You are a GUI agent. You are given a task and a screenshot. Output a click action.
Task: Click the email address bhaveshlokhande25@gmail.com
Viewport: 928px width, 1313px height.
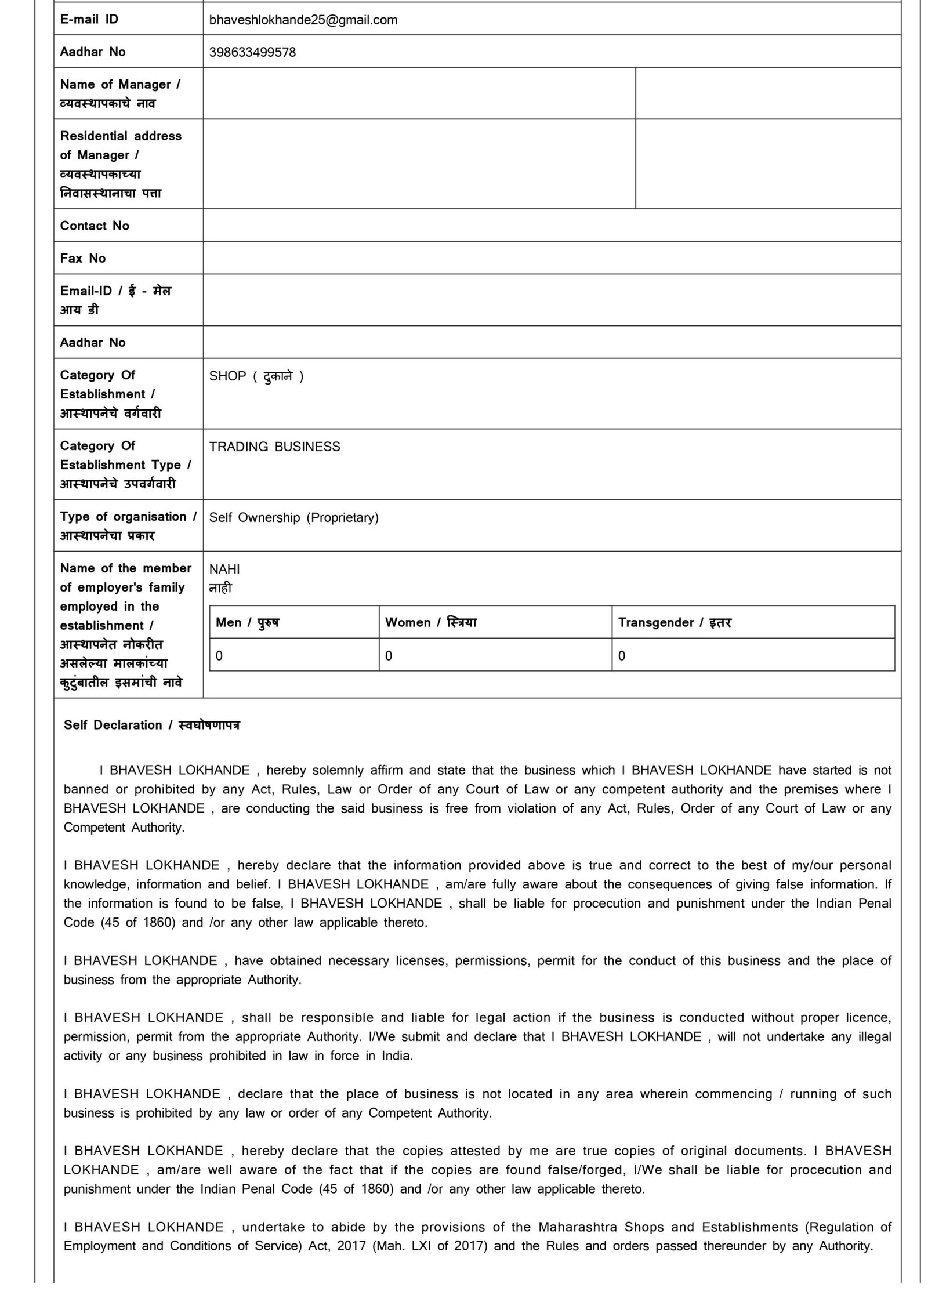click(x=303, y=20)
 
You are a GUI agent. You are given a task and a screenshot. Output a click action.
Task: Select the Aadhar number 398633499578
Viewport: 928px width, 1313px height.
click(x=252, y=52)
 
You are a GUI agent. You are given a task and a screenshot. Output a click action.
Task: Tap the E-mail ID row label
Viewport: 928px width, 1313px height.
click(x=89, y=20)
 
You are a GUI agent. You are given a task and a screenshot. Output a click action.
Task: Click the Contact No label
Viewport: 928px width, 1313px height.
click(x=95, y=226)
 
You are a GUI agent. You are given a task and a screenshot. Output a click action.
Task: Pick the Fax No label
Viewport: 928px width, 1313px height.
click(x=83, y=258)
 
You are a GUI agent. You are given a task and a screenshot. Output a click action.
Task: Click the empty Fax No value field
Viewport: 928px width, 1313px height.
click(x=551, y=258)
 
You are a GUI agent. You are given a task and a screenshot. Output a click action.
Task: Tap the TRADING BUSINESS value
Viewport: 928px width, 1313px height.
click(x=274, y=447)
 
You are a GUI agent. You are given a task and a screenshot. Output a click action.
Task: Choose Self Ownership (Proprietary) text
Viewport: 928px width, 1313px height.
click(x=293, y=517)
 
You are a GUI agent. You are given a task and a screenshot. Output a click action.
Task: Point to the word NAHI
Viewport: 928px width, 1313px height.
click(x=224, y=569)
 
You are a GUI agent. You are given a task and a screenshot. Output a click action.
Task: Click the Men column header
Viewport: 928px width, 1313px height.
click(x=247, y=622)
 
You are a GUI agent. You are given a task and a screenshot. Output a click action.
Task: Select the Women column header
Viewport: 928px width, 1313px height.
click(x=430, y=622)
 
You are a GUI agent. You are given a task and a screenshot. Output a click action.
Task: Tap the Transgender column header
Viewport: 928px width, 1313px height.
click(x=675, y=622)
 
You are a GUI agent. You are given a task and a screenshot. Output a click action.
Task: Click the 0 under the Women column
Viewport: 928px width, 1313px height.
click(x=389, y=655)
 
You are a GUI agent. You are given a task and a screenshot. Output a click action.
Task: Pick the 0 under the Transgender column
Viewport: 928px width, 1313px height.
click(x=622, y=655)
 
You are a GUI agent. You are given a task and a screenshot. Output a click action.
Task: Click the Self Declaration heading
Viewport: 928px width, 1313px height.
click(x=151, y=725)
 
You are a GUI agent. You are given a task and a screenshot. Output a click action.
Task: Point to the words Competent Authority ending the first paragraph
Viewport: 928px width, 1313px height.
click(x=124, y=828)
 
